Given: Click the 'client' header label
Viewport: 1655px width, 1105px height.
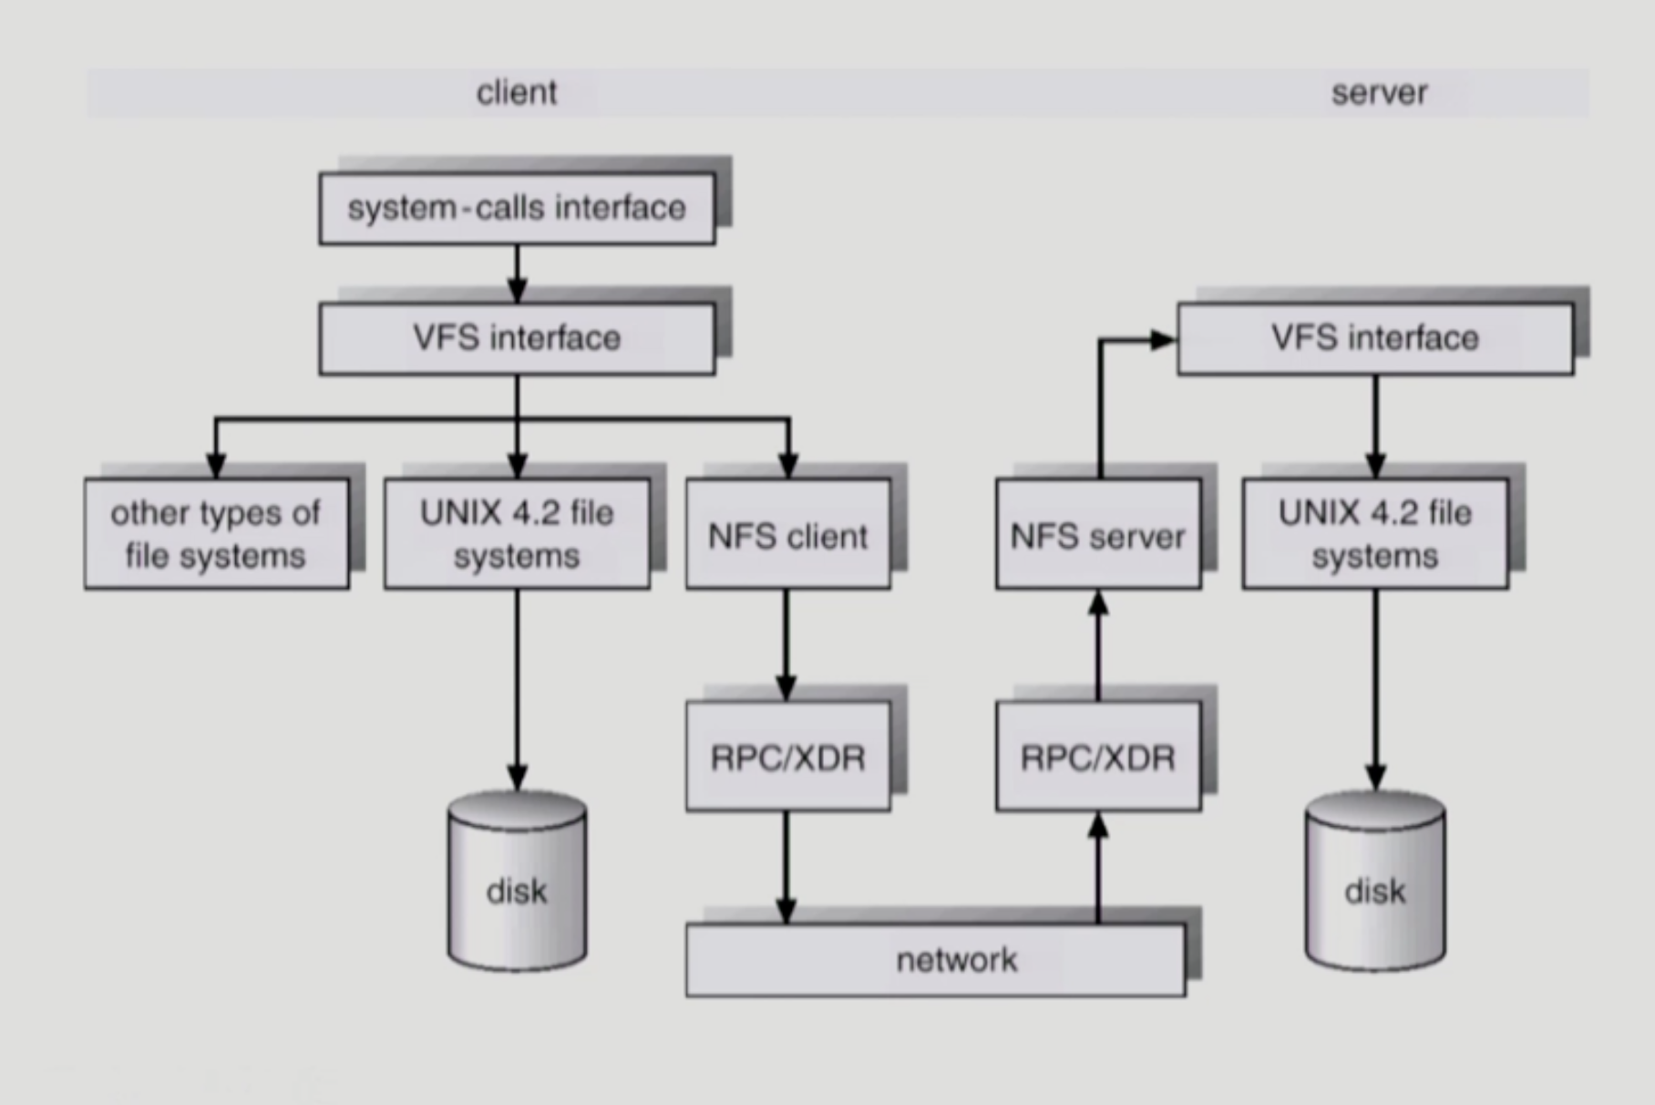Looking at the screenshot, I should tap(516, 92).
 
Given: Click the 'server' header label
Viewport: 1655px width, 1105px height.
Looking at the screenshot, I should tap(1378, 92).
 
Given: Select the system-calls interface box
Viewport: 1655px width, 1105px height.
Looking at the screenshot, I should tap(517, 209).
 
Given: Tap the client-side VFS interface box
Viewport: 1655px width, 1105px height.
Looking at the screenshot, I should tap(517, 338).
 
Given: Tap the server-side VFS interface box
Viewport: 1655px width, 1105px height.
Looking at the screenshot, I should tap(1374, 338).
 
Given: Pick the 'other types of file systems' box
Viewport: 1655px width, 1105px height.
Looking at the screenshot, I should tap(216, 534).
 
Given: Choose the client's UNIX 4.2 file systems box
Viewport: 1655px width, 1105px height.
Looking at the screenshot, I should tap(517, 534).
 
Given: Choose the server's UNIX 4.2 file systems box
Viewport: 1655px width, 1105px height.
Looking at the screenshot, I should tap(1374, 534).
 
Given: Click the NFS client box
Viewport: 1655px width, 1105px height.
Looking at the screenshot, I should tap(787, 535).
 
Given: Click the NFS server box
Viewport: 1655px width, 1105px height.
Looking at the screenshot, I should tap(1097, 535).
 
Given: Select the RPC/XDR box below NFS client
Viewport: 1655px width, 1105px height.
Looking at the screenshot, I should tap(787, 757).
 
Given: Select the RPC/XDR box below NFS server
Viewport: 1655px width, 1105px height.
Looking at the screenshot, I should tap(1097, 757).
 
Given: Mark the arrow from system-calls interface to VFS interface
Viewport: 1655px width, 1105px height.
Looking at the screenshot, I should tap(517, 274).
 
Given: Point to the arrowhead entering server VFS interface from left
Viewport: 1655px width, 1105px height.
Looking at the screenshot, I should tap(1163, 340).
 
